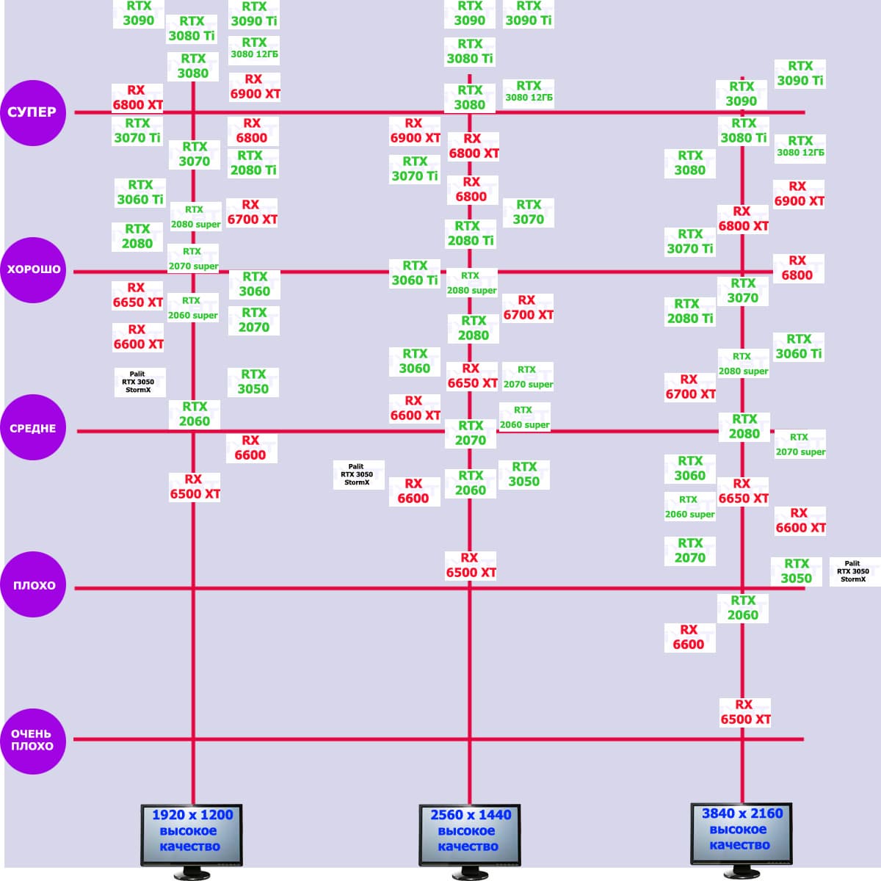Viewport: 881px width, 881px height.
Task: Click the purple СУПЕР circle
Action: (32, 112)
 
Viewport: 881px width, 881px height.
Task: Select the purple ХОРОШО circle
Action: (33, 269)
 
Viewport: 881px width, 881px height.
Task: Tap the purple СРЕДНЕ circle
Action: (33, 428)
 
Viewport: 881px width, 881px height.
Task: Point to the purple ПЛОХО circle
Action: (33, 585)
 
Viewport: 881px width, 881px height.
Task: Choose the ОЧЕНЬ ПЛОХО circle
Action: (33, 740)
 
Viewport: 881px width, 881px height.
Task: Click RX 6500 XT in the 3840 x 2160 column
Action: (745, 712)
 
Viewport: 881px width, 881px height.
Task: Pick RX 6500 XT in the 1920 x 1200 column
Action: (195, 487)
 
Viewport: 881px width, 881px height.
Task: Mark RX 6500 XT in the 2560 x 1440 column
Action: (471, 565)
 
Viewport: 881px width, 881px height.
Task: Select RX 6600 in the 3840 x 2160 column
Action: (689, 637)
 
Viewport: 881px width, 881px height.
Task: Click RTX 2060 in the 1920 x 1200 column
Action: (195, 414)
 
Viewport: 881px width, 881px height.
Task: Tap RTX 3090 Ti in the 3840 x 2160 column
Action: (800, 73)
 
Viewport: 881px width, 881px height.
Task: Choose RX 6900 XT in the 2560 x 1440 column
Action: (415, 131)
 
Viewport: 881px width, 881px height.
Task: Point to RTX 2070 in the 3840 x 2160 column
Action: (690, 551)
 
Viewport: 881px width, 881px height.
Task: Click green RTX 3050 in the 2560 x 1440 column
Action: (524, 474)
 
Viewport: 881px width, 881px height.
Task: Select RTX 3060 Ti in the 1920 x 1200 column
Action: (140, 192)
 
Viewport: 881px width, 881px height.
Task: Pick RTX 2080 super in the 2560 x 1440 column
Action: (472, 283)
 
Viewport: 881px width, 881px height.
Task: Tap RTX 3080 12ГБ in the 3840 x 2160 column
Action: (800, 147)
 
